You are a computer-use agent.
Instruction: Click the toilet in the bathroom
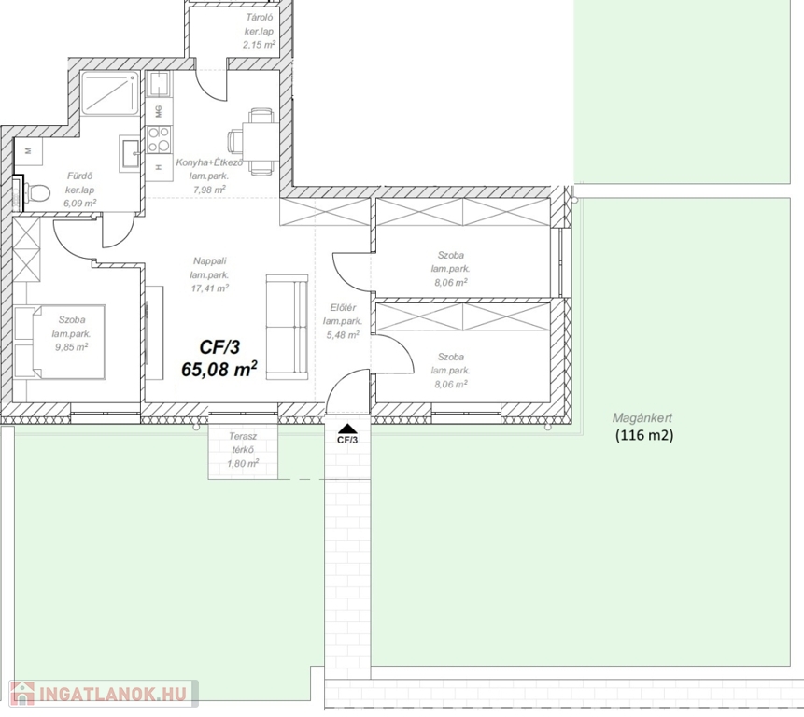click(x=36, y=194)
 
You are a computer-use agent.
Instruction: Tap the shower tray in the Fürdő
click(x=110, y=93)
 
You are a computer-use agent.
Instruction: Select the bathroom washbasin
click(x=130, y=153)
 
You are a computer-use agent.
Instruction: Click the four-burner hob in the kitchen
click(x=159, y=140)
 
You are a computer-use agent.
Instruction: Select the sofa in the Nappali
click(x=288, y=327)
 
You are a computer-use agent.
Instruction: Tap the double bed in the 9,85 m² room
click(x=60, y=342)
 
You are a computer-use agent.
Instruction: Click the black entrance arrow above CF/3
click(x=347, y=429)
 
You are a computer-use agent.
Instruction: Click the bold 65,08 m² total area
click(x=219, y=369)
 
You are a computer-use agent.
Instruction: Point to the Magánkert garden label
click(x=642, y=418)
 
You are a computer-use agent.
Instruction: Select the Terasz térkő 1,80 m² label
click(x=243, y=450)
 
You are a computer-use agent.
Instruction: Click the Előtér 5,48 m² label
click(x=343, y=321)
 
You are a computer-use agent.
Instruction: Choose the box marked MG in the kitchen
click(x=159, y=111)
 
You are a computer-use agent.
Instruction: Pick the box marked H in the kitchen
click(x=159, y=166)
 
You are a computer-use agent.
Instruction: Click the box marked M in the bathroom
click(x=28, y=151)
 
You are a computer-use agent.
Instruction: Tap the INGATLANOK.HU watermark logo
click(x=104, y=694)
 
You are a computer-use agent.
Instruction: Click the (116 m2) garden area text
click(x=644, y=436)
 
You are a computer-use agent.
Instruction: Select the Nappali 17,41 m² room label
click(x=210, y=274)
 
